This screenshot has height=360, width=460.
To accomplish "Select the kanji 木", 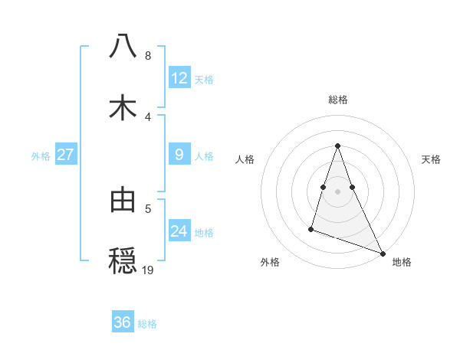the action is click(123, 108).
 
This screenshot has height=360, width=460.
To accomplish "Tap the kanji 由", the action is click(123, 199).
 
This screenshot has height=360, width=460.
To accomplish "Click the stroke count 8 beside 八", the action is click(148, 56).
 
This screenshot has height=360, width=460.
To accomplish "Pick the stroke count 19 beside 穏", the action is click(149, 270).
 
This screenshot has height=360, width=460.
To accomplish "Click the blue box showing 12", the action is click(179, 78).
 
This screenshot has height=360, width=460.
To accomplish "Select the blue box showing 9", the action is click(179, 155).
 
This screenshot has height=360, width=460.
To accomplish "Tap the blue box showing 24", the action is click(179, 231).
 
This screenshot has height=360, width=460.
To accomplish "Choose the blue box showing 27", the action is click(66, 155).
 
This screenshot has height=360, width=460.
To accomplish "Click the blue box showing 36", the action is click(123, 322).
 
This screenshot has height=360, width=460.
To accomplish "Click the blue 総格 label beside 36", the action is click(147, 324).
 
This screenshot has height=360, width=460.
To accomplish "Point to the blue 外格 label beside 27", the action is click(41, 156).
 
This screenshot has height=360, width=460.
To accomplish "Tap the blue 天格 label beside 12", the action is click(204, 80).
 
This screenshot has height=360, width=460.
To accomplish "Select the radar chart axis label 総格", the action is click(338, 100).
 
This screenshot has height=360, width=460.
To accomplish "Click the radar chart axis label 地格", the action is click(402, 262).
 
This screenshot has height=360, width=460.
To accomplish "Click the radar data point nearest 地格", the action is click(382, 254).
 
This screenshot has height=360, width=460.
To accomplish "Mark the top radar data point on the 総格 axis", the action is click(338, 146).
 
